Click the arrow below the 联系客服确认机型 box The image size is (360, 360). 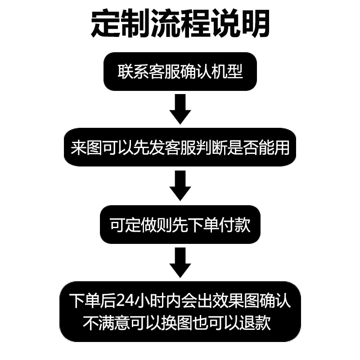180,108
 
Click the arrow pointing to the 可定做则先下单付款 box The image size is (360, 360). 180,185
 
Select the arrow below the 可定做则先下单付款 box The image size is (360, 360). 180,263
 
